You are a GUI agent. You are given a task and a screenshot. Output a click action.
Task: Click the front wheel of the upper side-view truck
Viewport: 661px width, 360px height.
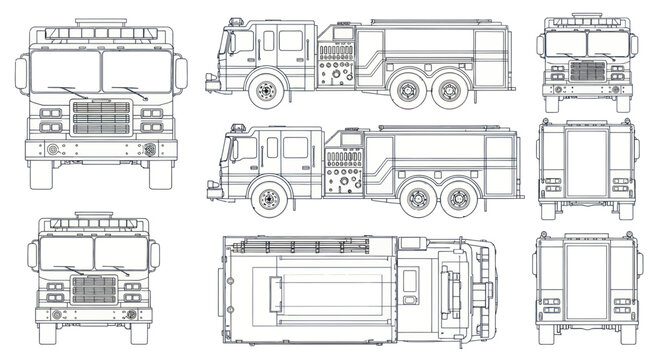pyautogui.click(x=265, y=92)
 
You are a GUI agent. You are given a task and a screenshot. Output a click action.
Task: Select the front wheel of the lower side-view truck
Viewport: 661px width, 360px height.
pyautogui.click(x=268, y=198)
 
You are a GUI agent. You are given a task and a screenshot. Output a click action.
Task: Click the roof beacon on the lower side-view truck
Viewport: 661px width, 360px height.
pyautogui.click(x=238, y=127)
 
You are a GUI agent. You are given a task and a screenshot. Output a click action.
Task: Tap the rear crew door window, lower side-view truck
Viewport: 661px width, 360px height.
pyautogui.click(x=295, y=147)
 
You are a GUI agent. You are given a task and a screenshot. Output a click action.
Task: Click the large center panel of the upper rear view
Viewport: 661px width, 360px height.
pyautogui.click(x=587, y=158)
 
